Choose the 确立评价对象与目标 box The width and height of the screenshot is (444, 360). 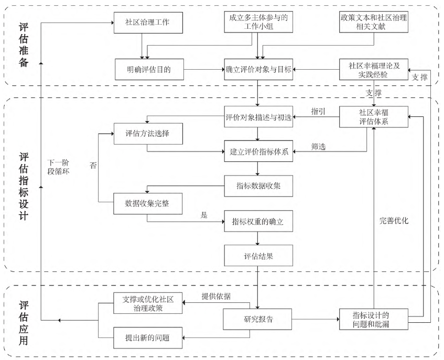pos(258,69)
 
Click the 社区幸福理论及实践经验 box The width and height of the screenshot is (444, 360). pos(373,69)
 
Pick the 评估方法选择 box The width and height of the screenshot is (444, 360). pos(147,133)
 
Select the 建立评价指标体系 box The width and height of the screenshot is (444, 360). pos(258,152)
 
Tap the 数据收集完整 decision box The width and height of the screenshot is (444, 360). pos(147,203)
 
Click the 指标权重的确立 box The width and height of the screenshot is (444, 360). pos(258,222)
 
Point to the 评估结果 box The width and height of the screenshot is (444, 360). pos(258,257)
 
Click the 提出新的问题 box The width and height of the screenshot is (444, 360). pos(148,336)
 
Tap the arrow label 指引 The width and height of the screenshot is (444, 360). pos(318,112)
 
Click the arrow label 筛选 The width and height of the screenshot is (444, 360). pos(318,147)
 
